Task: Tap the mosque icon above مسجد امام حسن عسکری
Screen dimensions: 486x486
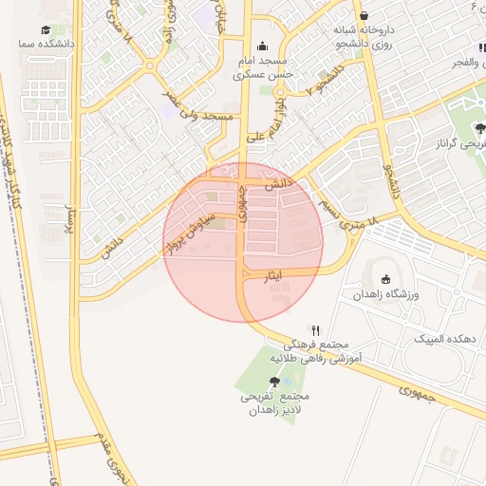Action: (x=263, y=47)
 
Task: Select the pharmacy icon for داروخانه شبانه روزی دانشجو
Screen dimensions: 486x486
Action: (x=365, y=16)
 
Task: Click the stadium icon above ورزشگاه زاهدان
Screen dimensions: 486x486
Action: (x=385, y=279)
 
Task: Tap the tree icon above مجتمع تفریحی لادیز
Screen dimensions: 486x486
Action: (x=275, y=382)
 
